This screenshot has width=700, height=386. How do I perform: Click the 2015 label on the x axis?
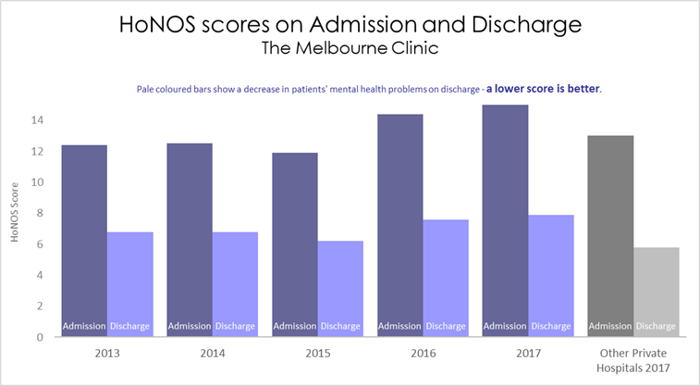317,353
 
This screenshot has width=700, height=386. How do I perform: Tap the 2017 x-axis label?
527,353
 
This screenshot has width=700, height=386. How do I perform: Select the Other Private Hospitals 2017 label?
633,360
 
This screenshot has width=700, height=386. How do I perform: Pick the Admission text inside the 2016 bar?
399,326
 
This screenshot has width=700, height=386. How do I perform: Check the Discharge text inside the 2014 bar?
235,326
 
